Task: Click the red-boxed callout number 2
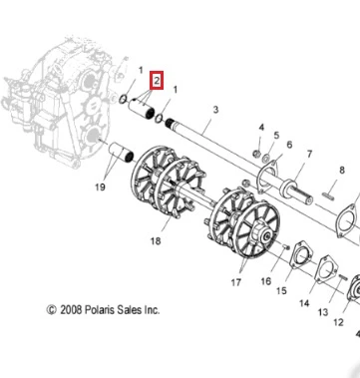point(157,80)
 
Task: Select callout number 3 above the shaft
point(215,110)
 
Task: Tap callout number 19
point(100,188)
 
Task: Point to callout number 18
point(156,240)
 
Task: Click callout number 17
point(235,282)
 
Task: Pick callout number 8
point(342,171)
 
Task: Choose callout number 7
point(309,155)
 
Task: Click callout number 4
point(261,128)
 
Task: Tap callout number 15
point(281,290)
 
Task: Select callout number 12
point(338,322)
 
